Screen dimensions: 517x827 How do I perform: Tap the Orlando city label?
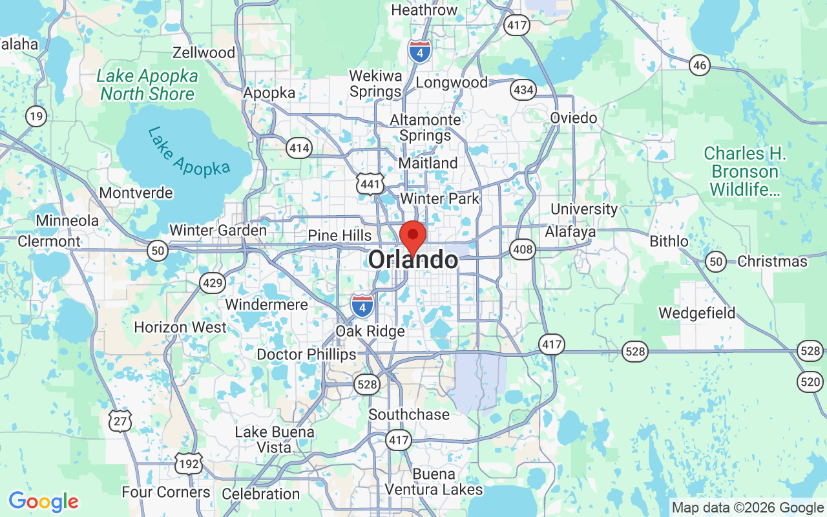click(x=413, y=260)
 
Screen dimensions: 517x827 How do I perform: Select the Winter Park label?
click(x=440, y=198)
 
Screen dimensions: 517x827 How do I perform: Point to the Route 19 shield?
click(x=36, y=116)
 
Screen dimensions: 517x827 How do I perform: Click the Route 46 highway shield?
click(x=699, y=65)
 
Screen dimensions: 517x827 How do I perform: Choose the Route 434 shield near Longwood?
click(x=522, y=90)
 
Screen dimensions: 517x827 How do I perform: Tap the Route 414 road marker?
click(x=300, y=149)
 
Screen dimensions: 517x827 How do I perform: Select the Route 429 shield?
click(x=213, y=282)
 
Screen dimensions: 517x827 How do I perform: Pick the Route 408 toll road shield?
click(x=522, y=249)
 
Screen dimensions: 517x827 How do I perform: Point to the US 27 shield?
click(x=120, y=421)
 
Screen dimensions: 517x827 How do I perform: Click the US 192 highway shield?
click(x=188, y=463)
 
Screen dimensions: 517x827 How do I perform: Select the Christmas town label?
click(x=772, y=262)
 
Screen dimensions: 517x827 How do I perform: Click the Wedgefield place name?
click(x=696, y=313)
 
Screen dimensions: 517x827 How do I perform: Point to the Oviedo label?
click(x=574, y=118)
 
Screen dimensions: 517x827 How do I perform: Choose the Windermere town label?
click(x=266, y=304)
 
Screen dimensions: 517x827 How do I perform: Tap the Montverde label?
click(x=136, y=193)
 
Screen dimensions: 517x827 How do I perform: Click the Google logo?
click(x=43, y=501)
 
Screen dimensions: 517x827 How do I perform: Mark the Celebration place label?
click(x=260, y=494)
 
